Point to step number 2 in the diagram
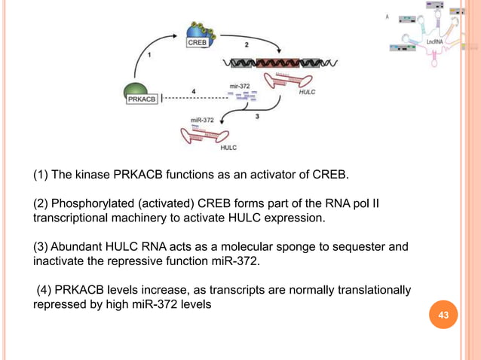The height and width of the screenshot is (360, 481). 245,45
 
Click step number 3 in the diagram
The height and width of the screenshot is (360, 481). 258,116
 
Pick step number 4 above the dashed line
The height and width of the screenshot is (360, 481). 194,91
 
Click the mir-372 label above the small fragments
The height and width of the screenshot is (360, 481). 240,87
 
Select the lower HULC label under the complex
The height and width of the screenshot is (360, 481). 228,148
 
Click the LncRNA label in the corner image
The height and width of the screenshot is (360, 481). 434,44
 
